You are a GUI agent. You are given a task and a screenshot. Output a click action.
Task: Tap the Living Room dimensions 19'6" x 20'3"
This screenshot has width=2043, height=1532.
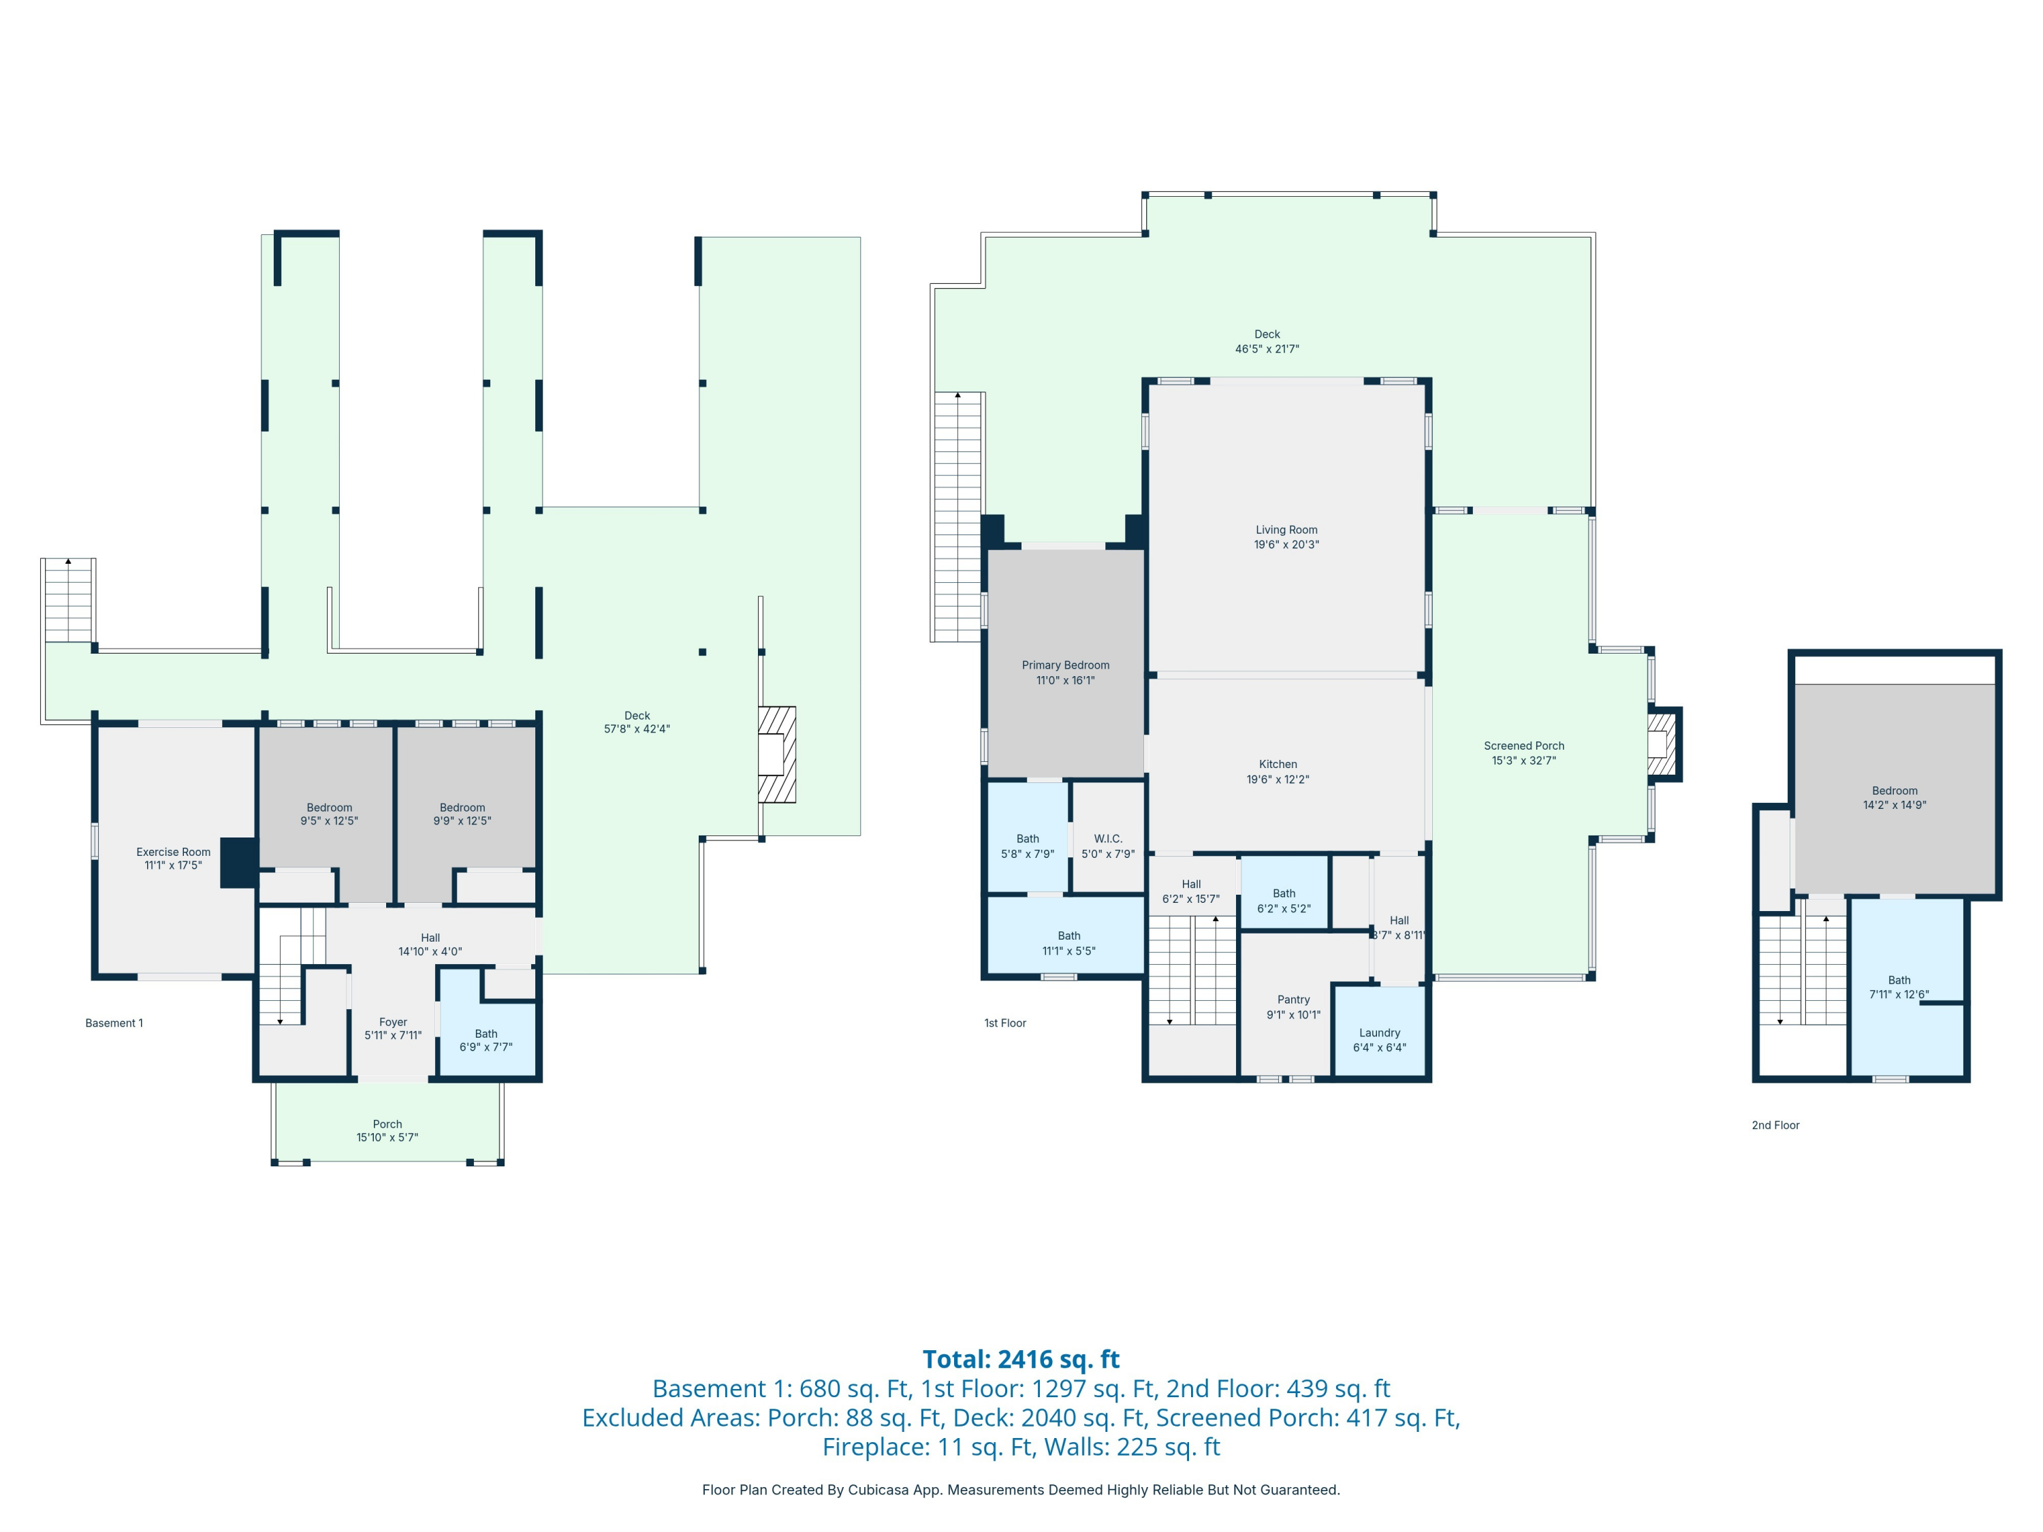click(1286, 545)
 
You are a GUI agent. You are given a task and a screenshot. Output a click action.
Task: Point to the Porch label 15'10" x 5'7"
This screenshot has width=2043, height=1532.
click(388, 1130)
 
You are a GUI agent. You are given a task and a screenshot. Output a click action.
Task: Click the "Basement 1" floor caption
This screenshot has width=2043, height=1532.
click(114, 1023)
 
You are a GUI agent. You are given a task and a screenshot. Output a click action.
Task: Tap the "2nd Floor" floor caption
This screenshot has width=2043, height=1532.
click(1776, 1125)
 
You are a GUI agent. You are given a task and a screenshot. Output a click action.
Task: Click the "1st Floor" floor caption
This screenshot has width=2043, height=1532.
click(1005, 1023)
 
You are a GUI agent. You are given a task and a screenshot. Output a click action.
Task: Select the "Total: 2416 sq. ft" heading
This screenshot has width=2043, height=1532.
click(1021, 1359)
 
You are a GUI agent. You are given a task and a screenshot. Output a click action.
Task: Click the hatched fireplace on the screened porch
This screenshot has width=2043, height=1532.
click(1664, 744)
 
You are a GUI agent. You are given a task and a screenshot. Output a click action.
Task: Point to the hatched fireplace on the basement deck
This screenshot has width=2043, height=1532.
click(777, 754)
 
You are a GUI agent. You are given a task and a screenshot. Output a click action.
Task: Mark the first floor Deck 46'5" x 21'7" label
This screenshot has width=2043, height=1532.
click(1267, 342)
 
